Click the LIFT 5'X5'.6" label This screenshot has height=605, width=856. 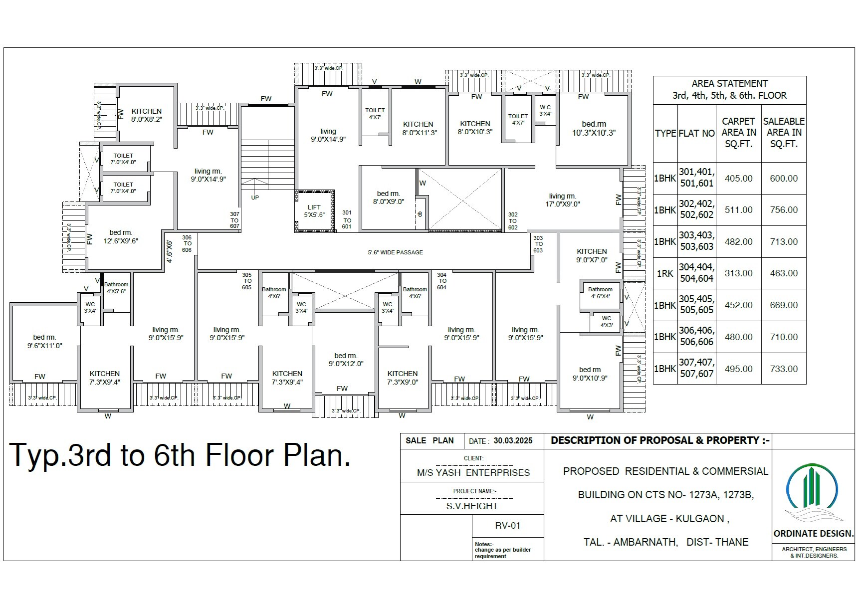(314, 211)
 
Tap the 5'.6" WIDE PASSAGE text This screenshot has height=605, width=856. (395, 252)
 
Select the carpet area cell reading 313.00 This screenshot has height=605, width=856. (738, 273)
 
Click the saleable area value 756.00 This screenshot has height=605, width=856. (784, 210)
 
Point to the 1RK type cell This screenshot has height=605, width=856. (665, 273)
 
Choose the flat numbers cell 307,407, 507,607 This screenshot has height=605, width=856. (697, 368)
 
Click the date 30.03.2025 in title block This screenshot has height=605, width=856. (513, 441)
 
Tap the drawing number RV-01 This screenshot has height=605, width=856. (507, 526)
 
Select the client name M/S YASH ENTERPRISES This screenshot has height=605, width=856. (473, 473)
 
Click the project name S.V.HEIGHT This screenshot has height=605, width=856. (472, 506)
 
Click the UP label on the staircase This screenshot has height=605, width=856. (255, 198)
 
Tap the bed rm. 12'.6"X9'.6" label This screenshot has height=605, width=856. (121, 237)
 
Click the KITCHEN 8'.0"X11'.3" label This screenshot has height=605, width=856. (418, 128)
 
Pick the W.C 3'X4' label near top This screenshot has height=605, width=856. (545, 110)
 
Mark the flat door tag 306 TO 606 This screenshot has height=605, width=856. (187, 244)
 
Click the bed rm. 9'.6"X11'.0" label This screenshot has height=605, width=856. (44, 342)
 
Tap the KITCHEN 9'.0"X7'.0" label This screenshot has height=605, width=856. (592, 255)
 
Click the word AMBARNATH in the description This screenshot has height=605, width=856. (645, 542)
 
